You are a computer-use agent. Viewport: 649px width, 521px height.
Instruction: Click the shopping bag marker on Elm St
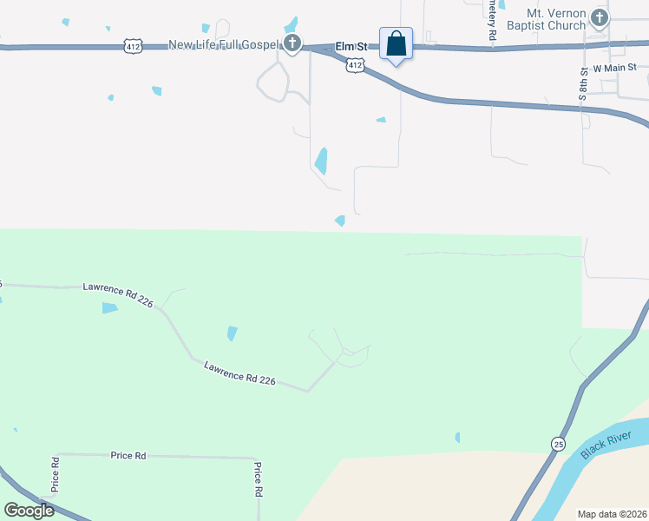pos(396,43)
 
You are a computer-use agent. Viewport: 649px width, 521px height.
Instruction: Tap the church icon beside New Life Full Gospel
pos(293,43)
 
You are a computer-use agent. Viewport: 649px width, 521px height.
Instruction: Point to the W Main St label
pos(615,67)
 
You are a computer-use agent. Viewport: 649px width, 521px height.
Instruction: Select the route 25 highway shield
pos(555,444)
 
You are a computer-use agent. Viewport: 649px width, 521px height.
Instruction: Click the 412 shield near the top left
pos(132,46)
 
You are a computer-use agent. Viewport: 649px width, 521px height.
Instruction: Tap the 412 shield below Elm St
pos(355,64)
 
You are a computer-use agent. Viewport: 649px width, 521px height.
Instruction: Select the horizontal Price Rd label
pos(128,455)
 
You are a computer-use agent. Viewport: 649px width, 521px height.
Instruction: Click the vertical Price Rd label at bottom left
pos(56,474)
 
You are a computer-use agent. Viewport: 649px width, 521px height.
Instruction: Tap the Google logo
pos(29,510)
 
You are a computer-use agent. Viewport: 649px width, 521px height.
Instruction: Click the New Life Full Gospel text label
pos(225,44)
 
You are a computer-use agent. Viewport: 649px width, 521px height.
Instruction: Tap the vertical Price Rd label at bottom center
pos(259,478)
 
